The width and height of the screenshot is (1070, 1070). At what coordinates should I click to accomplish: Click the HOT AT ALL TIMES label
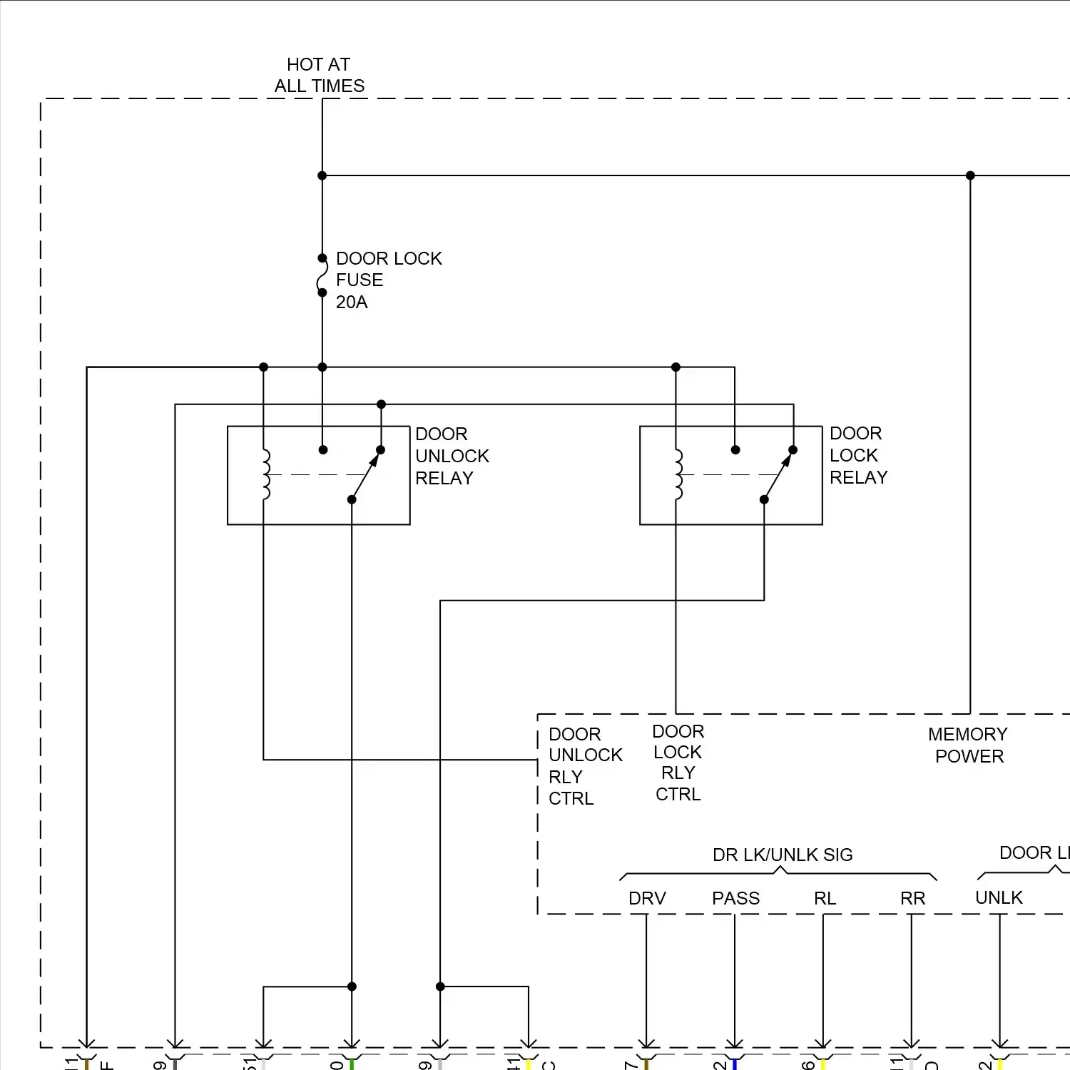pyautogui.click(x=319, y=76)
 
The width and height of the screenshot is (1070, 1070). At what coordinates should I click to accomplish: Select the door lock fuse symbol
pyautogui.click(x=322, y=276)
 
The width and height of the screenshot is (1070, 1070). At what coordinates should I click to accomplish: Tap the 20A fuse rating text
pyautogui.click(x=352, y=302)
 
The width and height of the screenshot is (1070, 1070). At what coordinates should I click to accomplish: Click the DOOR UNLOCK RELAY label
pyautogui.click(x=452, y=457)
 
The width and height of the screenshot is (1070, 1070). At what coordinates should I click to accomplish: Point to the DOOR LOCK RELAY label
pyautogui.click(x=858, y=456)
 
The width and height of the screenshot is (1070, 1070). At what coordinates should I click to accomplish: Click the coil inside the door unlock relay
pyautogui.click(x=265, y=474)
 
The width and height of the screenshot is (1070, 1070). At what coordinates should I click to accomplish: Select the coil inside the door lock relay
pyautogui.click(x=678, y=474)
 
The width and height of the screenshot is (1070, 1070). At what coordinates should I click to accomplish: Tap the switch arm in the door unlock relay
pyautogui.click(x=365, y=476)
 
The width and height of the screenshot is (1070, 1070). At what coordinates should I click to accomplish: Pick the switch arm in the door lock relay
pyautogui.click(x=778, y=476)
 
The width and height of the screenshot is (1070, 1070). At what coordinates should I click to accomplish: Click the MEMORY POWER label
pyautogui.click(x=968, y=745)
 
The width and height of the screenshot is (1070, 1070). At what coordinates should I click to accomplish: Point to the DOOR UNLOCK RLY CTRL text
pyautogui.click(x=584, y=766)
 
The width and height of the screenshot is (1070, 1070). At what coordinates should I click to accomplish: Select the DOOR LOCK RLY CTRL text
pyautogui.click(x=678, y=763)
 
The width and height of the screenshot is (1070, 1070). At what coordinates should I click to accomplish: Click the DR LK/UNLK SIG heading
pyautogui.click(x=783, y=855)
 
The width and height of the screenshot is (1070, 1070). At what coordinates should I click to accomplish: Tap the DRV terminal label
pyautogui.click(x=647, y=899)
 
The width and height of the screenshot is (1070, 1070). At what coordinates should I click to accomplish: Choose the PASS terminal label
pyautogui.click(x=735, y=899)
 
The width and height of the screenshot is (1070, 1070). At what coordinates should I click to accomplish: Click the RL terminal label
pyautogui.click(x=825, y=899)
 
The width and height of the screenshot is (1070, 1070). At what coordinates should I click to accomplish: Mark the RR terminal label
pyautogui.click(x=912, y=899)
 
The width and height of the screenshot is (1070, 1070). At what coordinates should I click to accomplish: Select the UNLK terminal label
pyautogui.click(x=999, y=898)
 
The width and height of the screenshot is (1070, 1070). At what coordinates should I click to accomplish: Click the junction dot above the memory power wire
pyautogui.click(x=970, y=175)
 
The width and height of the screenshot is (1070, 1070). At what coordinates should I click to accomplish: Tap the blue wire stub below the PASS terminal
pyautogui.click(x=734, y=1064)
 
